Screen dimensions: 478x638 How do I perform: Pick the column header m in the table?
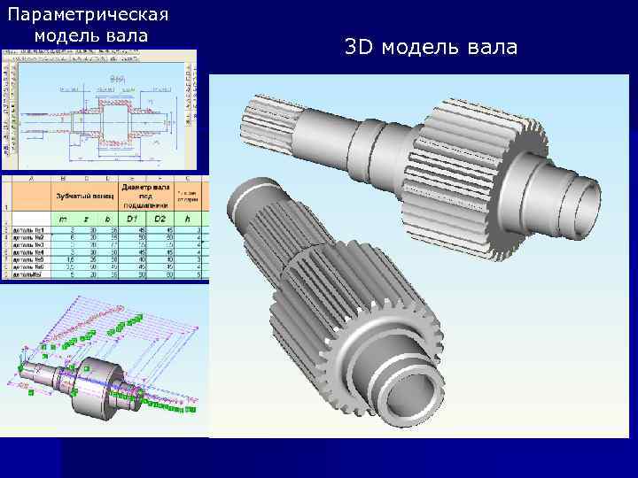(62, 217)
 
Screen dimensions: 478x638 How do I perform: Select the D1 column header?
(134, 217)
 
